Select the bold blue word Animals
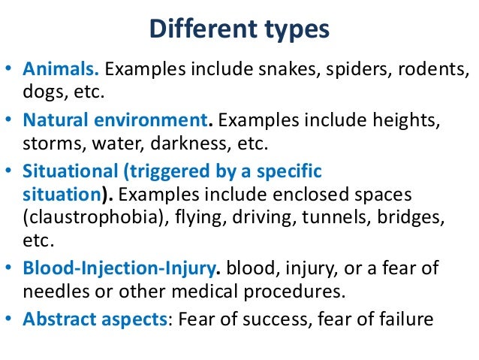pos(62,70)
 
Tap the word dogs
pos(41,94)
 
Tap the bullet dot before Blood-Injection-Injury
pos(11,268)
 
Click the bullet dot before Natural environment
pos(11,119)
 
